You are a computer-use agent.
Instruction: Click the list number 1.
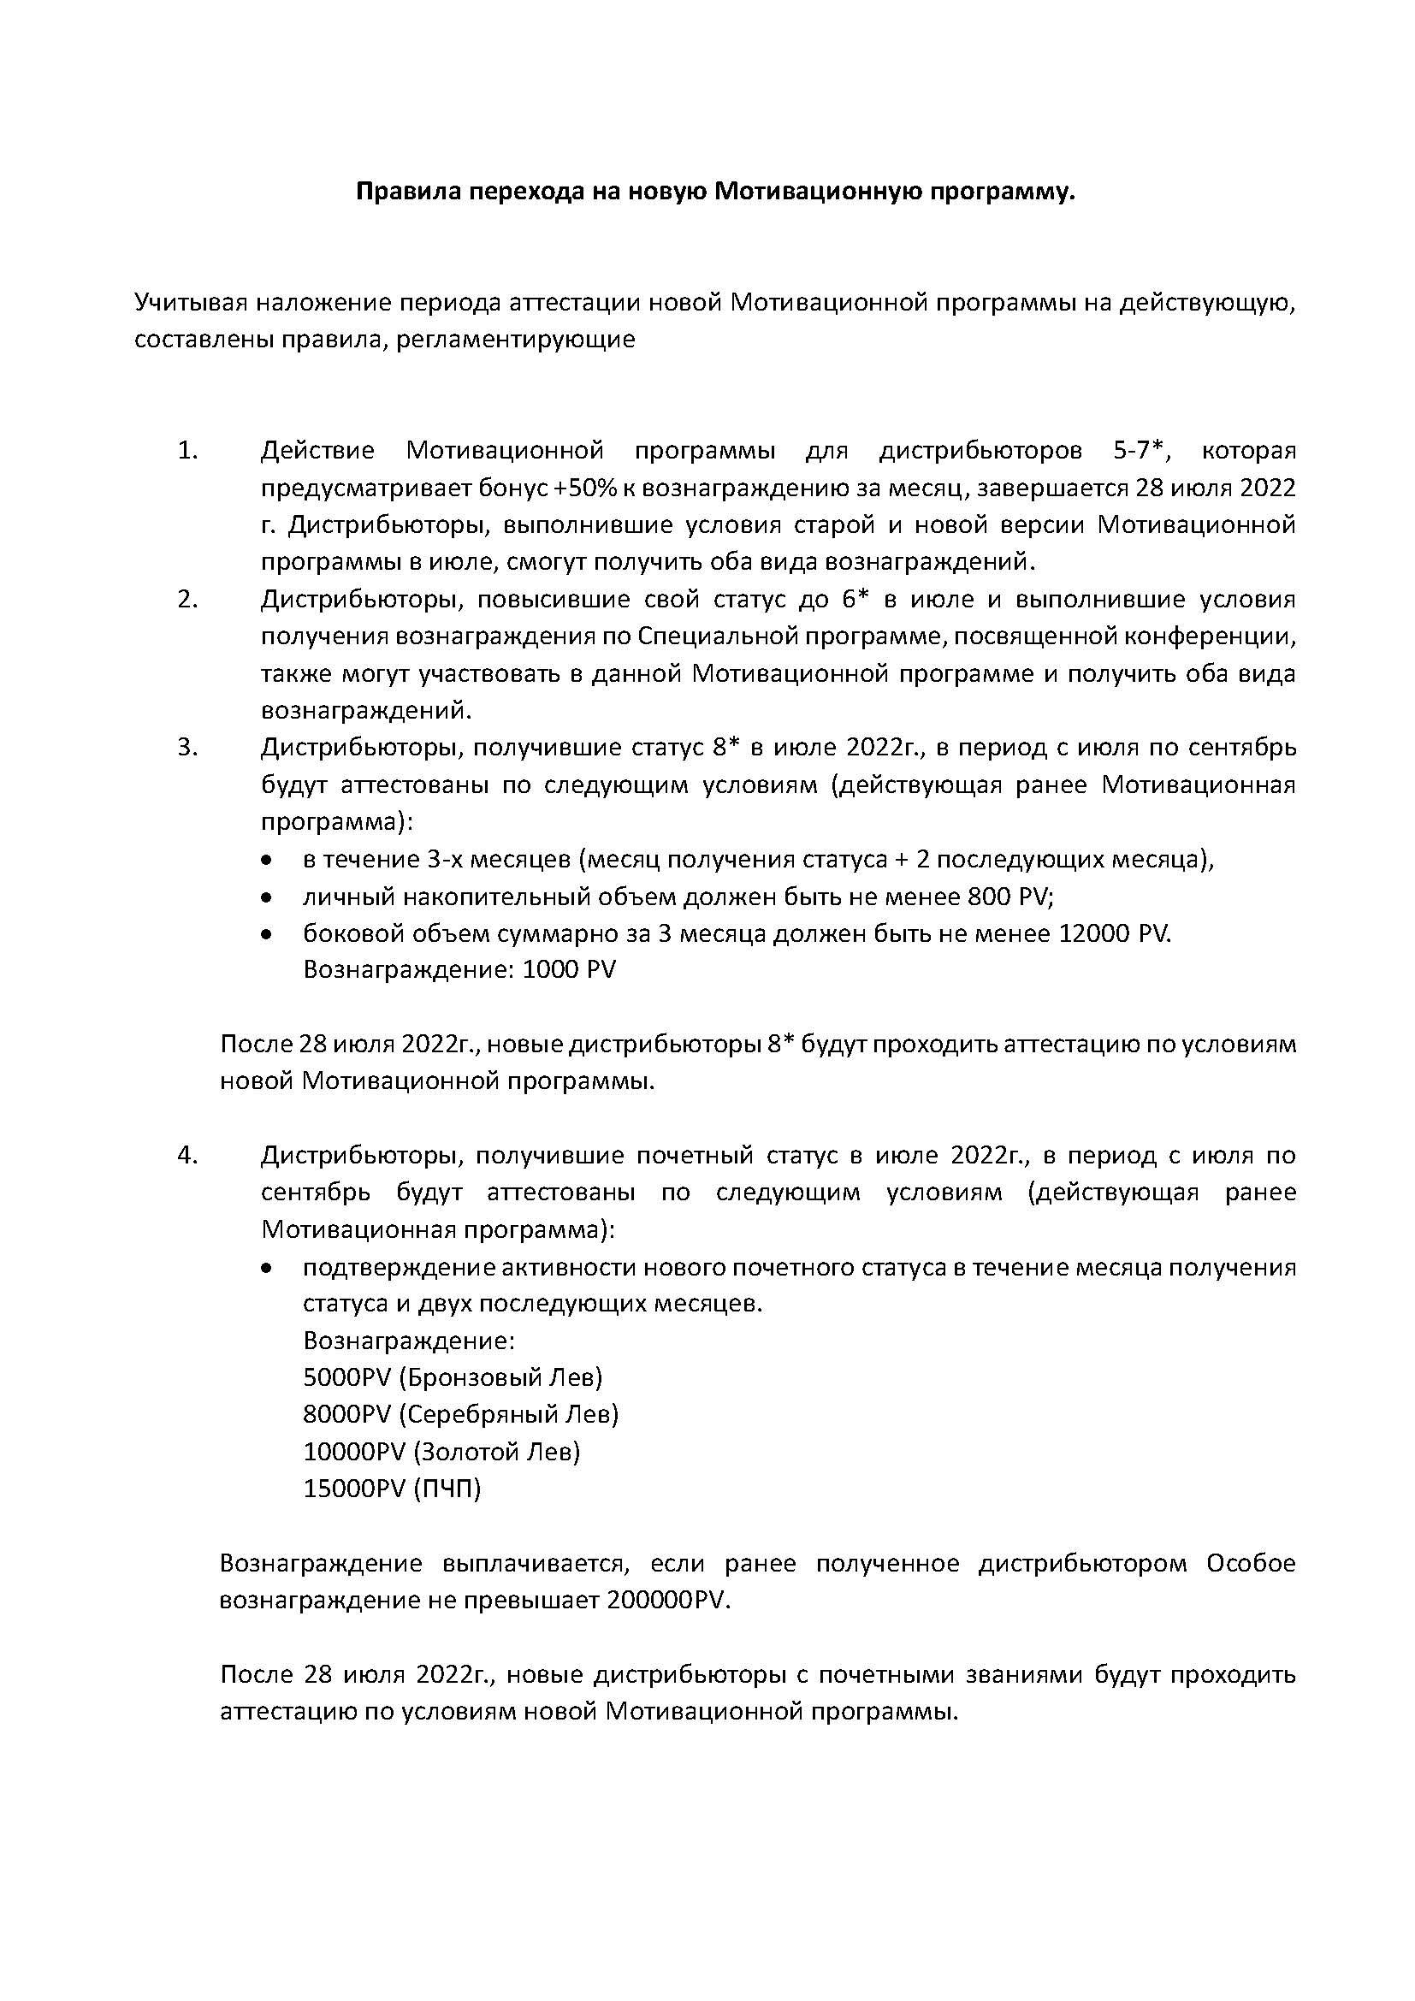(x=188, y=452)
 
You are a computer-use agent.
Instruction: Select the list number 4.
(x=188, y=1156)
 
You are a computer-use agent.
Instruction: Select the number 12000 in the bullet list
(x=1094, y=933)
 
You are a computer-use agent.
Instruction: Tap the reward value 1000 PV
(x=569, y=970)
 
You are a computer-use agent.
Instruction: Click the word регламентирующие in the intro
(x=515, y=340)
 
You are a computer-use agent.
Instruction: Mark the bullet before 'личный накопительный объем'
(x=267, y=897)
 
